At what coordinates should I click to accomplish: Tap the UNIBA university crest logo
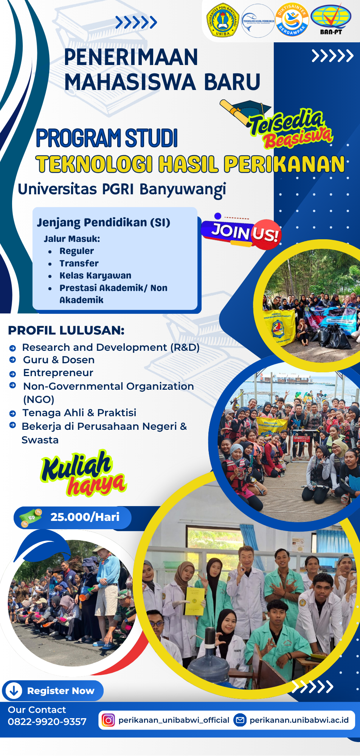click(x=223, y=21)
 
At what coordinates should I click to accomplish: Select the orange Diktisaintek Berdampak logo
click(x=292, y=20)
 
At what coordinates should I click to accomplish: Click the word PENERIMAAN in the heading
click(x=131, y=57)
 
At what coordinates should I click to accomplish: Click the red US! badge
click(x=265, y=234)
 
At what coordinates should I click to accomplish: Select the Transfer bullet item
click(x=79, y=263)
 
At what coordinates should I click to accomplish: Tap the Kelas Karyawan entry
click(x=95, y=276)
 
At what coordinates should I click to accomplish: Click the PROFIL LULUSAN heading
click(x=66, y=330)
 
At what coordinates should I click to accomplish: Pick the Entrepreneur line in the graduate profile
click(x=58, y=373)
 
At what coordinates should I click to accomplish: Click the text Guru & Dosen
click(x=59, y=360)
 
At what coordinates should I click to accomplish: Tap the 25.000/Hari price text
click(x=85, y=517)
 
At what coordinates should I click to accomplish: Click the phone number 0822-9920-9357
click(x=47, y=722)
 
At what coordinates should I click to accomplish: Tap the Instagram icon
click(x=108, y=720)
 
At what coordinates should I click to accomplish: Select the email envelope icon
click(x=240, y=720)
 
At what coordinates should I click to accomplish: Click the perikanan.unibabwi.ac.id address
click(x=299, y=720)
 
